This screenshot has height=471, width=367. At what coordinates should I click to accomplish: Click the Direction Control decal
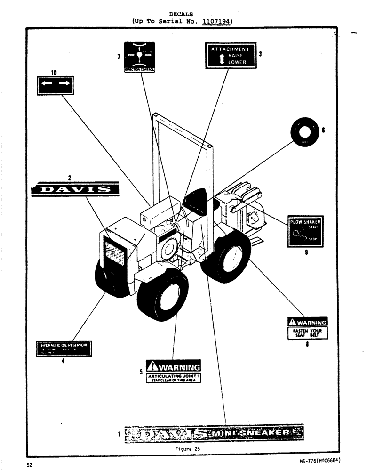pyautogui.click(x=139, y=57)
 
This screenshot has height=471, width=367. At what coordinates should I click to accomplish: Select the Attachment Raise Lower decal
pyautogui.click(x=231, y=55)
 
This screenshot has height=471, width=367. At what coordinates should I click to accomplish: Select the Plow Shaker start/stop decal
pyautogui.click(x=305, y=231)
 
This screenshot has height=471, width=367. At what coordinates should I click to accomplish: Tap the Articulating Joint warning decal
pyautogui.click(x=174, y=372)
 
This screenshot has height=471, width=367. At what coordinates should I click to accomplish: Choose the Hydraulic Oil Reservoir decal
pyautogui.click(x=64, y=349)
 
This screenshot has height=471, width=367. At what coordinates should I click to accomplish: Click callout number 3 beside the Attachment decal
pyautogui.click(x=260, y=54)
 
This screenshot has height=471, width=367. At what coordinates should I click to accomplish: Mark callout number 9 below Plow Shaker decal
pyautogui.click(x=306, y=252)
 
